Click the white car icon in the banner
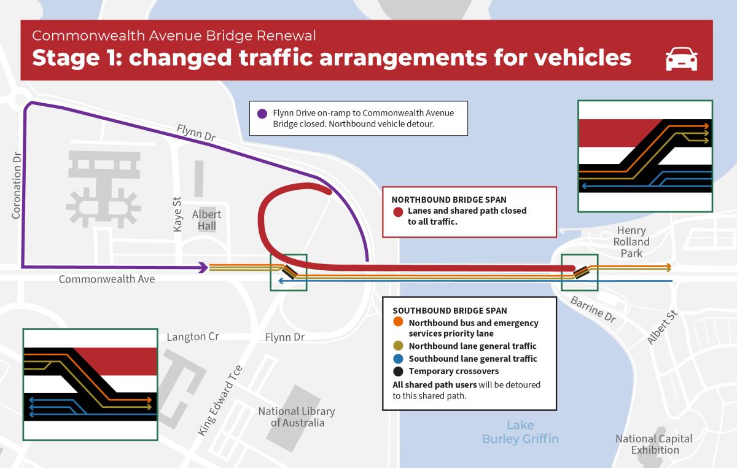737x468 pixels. click(x=681, y=59)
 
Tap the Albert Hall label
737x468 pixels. click(x=206, y=220)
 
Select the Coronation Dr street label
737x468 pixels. click(x=17, y=185)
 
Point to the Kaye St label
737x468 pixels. click(x=177, y=214)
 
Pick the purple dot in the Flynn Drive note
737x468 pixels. click(x=262, y=114)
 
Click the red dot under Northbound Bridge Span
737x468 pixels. click(x=398, y=212)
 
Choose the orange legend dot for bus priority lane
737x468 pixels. click(x=398, y=322)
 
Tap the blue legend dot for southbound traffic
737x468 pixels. click(x=398, y=359)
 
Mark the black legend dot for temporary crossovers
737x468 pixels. click(x=398, y=371)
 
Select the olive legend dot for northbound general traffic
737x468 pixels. click(x=398, y=346)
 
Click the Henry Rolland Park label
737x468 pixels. click(x=631, y=242)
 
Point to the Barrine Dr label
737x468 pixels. click(x=593, y=309)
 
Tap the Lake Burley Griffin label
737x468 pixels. click(x=520, y=432)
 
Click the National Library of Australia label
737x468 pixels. click(x=297, y=416)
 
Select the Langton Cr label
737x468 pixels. click(x=193, y=337)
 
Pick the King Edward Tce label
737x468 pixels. click(x=220, y=400)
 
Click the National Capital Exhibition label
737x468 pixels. click(x=654, y=444)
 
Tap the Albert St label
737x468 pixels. click(x=662, y=327)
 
